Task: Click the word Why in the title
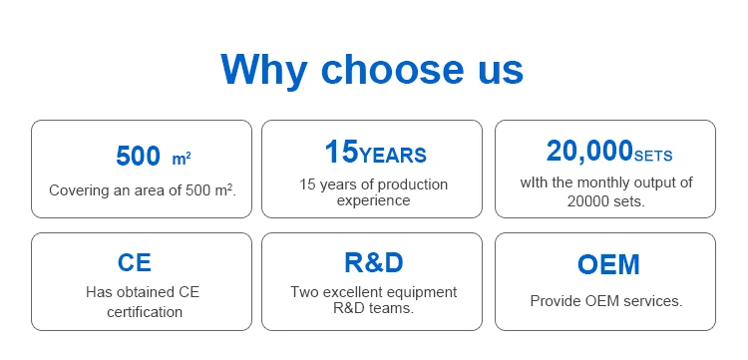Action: (264, 70)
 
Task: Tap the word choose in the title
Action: (392, 70)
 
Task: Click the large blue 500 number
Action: (138, 156)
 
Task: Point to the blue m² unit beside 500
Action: (182, 159)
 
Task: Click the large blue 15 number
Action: (341, 152)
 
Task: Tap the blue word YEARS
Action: (393, 156)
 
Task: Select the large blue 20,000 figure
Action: (589, 152)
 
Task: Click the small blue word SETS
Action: (653, 156)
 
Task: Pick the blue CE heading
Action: (135, 262)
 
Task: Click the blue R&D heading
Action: (374, 262)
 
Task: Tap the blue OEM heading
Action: (608, 264)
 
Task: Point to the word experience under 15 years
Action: (374, 200)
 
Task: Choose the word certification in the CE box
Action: (145, 312)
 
